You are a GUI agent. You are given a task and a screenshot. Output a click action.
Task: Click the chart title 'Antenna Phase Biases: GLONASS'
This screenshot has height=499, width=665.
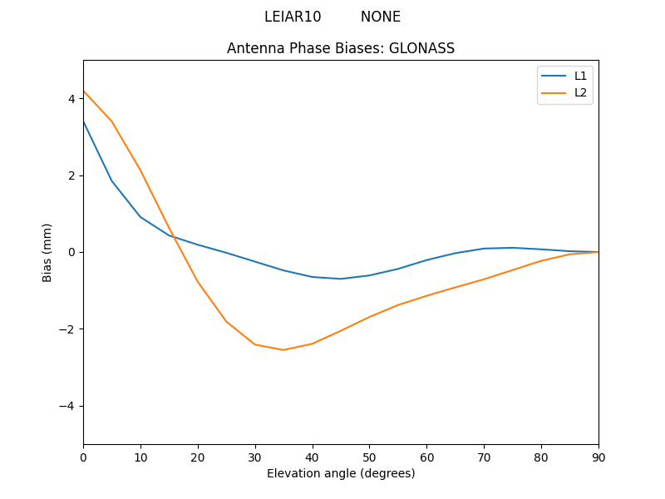[x=341, y=48]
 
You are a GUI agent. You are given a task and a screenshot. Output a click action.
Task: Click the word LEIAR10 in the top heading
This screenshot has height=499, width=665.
[x=293, y=17]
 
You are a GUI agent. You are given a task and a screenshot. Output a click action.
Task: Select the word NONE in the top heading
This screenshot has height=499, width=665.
[x=381, y=17]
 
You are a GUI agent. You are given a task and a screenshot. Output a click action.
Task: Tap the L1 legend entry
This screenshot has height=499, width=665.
[x=580, y=76]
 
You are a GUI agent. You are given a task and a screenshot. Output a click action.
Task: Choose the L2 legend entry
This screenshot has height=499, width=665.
[x=580, y=92]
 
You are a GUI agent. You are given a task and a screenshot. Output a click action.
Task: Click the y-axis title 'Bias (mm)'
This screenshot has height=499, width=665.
[x=47, y=252]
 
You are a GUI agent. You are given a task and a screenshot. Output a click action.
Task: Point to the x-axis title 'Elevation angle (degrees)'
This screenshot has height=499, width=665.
[x=341, y=473]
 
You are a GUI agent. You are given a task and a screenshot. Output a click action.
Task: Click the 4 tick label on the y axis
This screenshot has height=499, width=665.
[x=71, y=99]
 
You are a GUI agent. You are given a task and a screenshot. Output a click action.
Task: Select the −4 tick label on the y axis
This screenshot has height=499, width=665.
[x=68, y=406]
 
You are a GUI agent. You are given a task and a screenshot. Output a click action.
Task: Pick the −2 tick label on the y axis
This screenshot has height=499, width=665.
[x=68, y=329]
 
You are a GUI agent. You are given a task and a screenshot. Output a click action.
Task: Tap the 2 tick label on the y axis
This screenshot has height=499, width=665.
[x=71, y=175]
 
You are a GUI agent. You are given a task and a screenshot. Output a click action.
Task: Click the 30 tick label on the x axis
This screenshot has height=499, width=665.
[x=255, y=457]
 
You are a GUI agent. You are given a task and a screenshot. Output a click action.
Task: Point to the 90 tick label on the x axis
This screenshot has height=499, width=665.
[x=598, y=457]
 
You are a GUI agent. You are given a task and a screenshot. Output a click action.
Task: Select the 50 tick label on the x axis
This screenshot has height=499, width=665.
[x=369, y=457]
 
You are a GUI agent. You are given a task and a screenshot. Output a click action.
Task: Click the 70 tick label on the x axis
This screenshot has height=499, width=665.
[x=484, y=457]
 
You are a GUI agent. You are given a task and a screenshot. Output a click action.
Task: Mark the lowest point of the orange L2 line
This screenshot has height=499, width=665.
[x=283, y=349]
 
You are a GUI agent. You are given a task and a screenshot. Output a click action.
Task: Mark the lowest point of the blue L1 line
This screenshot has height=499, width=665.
[x=341, y=279]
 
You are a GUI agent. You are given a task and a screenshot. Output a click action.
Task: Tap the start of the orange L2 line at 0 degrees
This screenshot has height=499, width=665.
[x=84, y=91]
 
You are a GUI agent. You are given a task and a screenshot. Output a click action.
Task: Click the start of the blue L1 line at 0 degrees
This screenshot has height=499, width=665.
[x=84, y=121]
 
